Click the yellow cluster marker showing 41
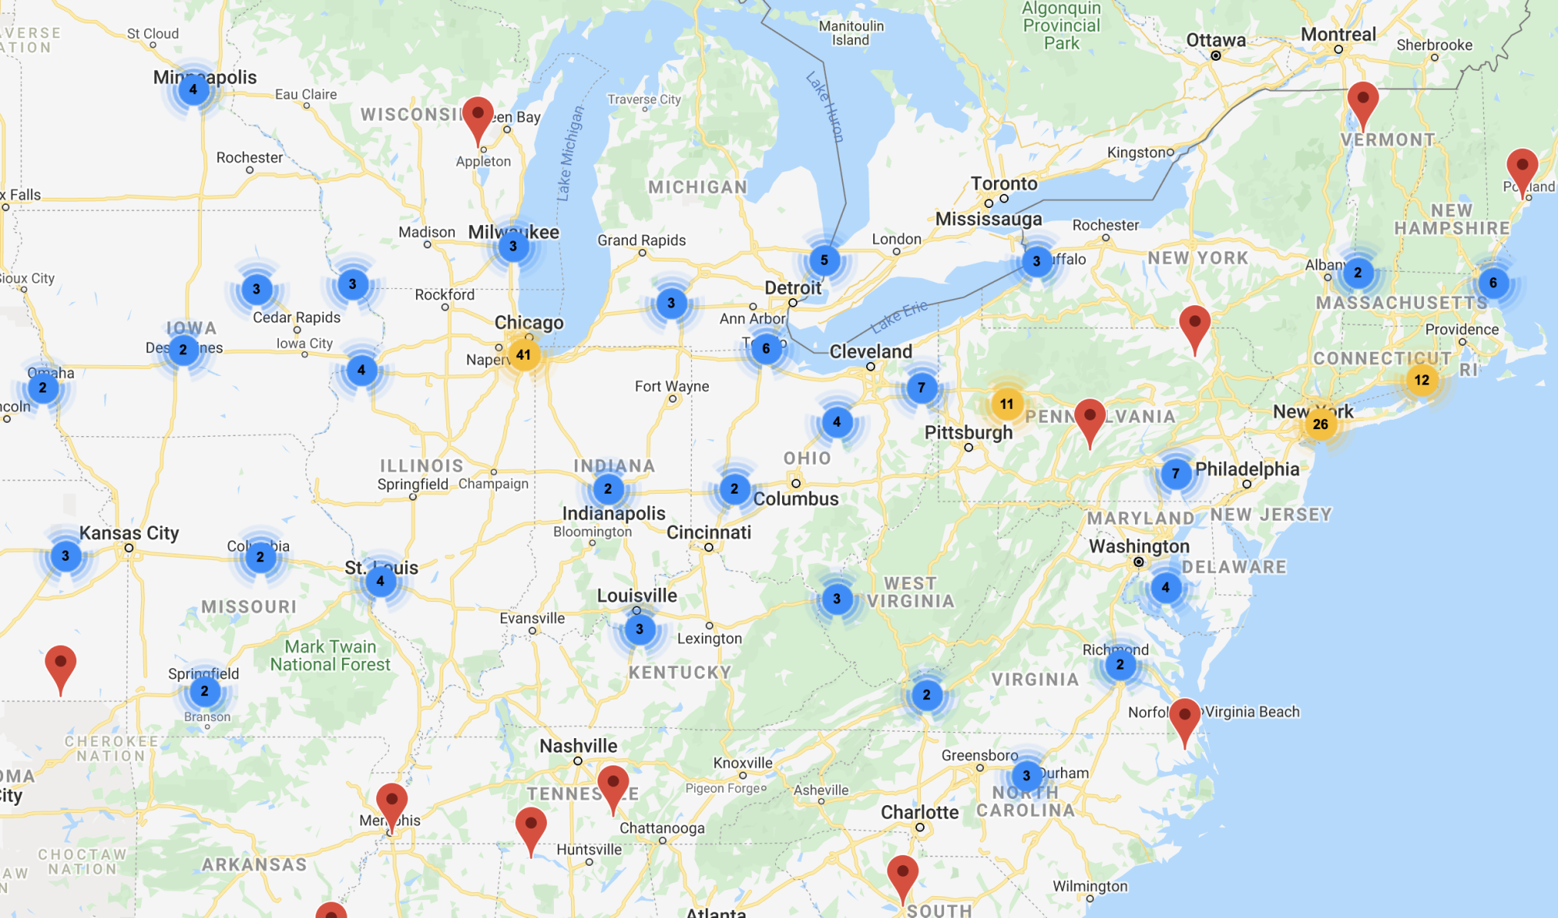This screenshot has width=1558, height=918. point(523,355)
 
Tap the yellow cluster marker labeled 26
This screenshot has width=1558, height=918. point(1320,424)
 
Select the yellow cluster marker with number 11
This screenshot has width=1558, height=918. point(1006,404)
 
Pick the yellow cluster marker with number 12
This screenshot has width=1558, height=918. point(1422,380)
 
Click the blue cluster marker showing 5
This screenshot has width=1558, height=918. point(824,260)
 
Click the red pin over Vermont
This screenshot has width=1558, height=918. point(1362,103)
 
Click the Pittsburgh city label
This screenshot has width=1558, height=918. point(968,432)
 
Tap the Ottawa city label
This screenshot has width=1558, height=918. point(1215,40)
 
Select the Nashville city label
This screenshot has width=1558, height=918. point(578,746)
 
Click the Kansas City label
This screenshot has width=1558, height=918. point(129,533)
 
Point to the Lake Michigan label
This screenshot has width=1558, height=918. point(569,154)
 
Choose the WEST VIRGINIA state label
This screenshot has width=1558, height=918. point(910,593)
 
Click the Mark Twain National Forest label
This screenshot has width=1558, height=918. point(330,656)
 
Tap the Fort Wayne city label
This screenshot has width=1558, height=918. point(671,386)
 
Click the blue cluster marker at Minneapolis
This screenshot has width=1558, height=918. point(193,90)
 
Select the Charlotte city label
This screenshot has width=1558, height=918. point(919,812)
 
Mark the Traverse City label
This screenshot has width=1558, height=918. point(644,100)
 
